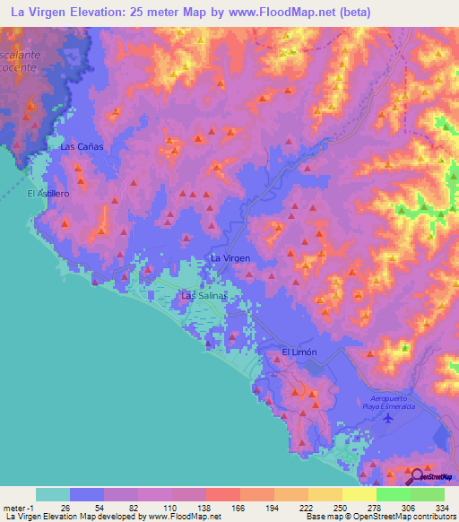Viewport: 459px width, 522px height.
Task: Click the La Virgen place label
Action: pos(229,258)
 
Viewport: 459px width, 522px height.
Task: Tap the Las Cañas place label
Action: pos(82,146)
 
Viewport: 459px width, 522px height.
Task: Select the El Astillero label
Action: pos(48,193)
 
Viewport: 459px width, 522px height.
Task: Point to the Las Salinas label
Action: pos(205,295)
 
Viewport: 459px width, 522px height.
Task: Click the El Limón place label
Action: pos(299,352)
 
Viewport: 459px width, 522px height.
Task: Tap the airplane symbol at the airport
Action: pos(388,417)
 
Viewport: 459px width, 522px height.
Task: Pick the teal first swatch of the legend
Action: pos(53,494)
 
